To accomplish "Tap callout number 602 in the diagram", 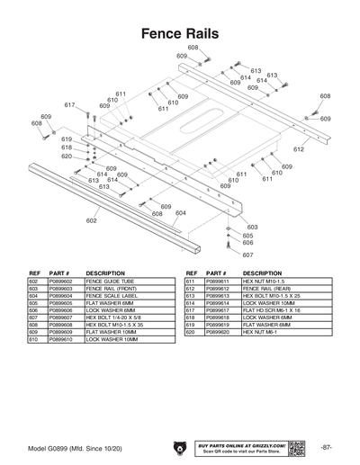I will point(91,220).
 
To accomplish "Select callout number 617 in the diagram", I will point(69,105).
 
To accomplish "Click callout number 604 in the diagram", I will point(180,213).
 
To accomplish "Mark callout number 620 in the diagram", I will point(67,156).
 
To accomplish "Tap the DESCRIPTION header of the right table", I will point(263,273).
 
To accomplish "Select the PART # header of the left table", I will point(60,273).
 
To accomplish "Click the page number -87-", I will point(326,447).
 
